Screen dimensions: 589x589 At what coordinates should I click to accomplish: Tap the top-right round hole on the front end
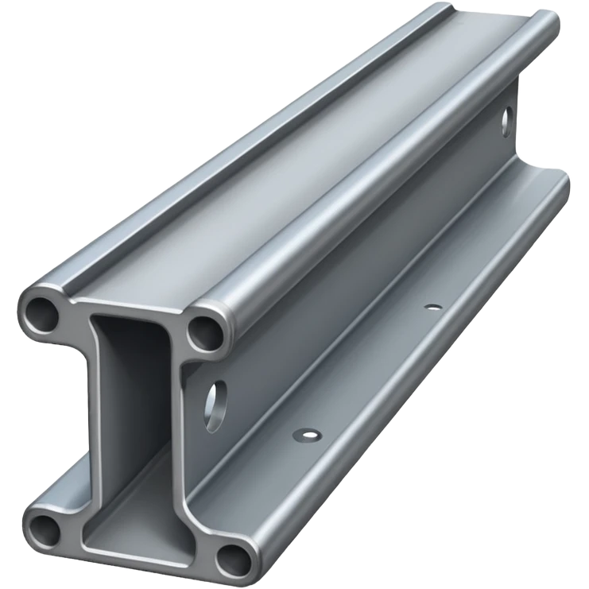click(x=204, y=331)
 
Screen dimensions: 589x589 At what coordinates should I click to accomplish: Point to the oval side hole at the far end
click(x=506, y=121)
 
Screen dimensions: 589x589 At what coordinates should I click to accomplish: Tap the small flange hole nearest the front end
click(x=307, y=434)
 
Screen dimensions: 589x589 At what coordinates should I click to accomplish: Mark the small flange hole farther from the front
click(x=433, y=306)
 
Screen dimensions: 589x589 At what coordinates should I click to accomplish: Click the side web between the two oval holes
click(x=358, y=262)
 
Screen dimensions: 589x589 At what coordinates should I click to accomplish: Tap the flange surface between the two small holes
click(x=370, y=370)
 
